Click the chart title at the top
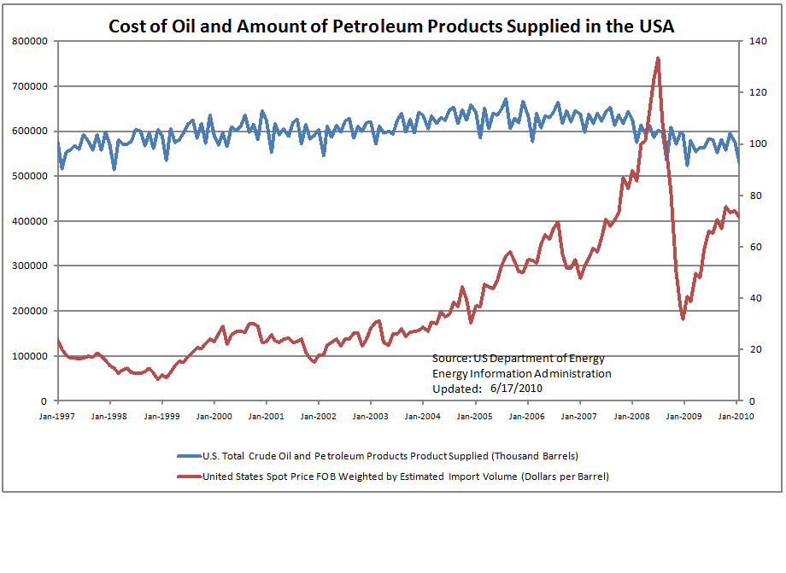(x=391, y=26)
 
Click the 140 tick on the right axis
(x=755, y=41)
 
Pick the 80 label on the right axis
(x=753, y=196)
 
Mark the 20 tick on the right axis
(x=753, y=350)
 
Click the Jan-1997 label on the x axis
(x=57, y=416)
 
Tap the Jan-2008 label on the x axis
(x=631, y=416)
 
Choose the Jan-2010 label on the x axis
(x=736, y=416)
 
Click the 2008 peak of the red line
(x=657, y=58)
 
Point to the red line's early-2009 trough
(x=683, y=319)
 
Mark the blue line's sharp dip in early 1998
(x=114, y=169)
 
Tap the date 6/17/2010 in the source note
(x=516, y=388)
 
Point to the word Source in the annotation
(x=449, y=359)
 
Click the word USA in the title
(x=654, y=26)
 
